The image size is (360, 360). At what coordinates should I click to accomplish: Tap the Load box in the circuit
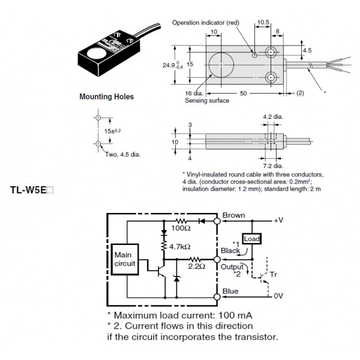pyautogui.click(x=251, y=238)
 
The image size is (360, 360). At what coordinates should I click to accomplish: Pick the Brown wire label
pyautogui.click(x=234, y=215)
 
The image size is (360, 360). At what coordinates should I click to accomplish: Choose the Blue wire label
pyautogui.click(x=230, y=292)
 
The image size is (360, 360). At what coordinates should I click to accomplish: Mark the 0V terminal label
pyautogui.click(x=277, y=296)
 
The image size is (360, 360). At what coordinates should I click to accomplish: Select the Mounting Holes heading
pyautogui.click(x=107, y=96)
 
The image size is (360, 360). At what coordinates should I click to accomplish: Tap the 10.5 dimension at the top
pyautogui.click(x=262, y=23)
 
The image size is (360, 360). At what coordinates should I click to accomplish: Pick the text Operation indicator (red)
pyautogui.click(x=205, y=23)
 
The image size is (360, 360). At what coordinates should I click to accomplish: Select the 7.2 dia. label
pyautogui.click(x=274, y=165)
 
